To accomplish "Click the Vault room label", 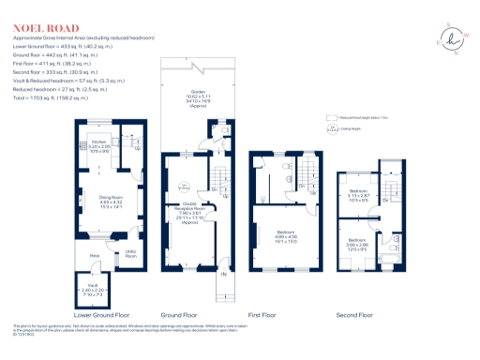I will click(x=93, y=289).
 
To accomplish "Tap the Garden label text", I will click(x=198, y=97).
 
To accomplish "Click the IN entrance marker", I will click(x=223, y=274).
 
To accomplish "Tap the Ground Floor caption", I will click(x=192, y=315).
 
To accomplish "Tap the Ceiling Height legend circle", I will click(x=329, y=130).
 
